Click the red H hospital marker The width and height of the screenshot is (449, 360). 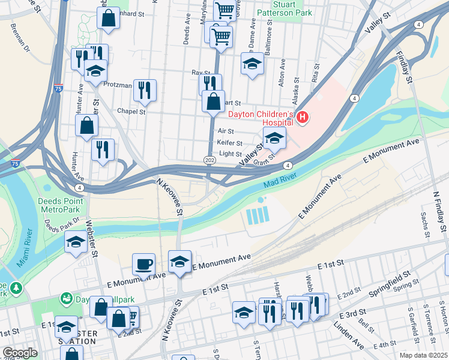click(303, 118)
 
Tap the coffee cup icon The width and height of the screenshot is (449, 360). click(144, 263)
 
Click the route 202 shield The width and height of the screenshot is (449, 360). click(209, 160)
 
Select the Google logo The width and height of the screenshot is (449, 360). click(20, 353)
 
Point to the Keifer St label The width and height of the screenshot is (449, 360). click(230, 143)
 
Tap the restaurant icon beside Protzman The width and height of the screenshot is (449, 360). click(145, 90)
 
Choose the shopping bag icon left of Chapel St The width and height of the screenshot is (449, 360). click(87, 125)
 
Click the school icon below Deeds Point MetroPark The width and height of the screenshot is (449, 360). click(76, 242)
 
